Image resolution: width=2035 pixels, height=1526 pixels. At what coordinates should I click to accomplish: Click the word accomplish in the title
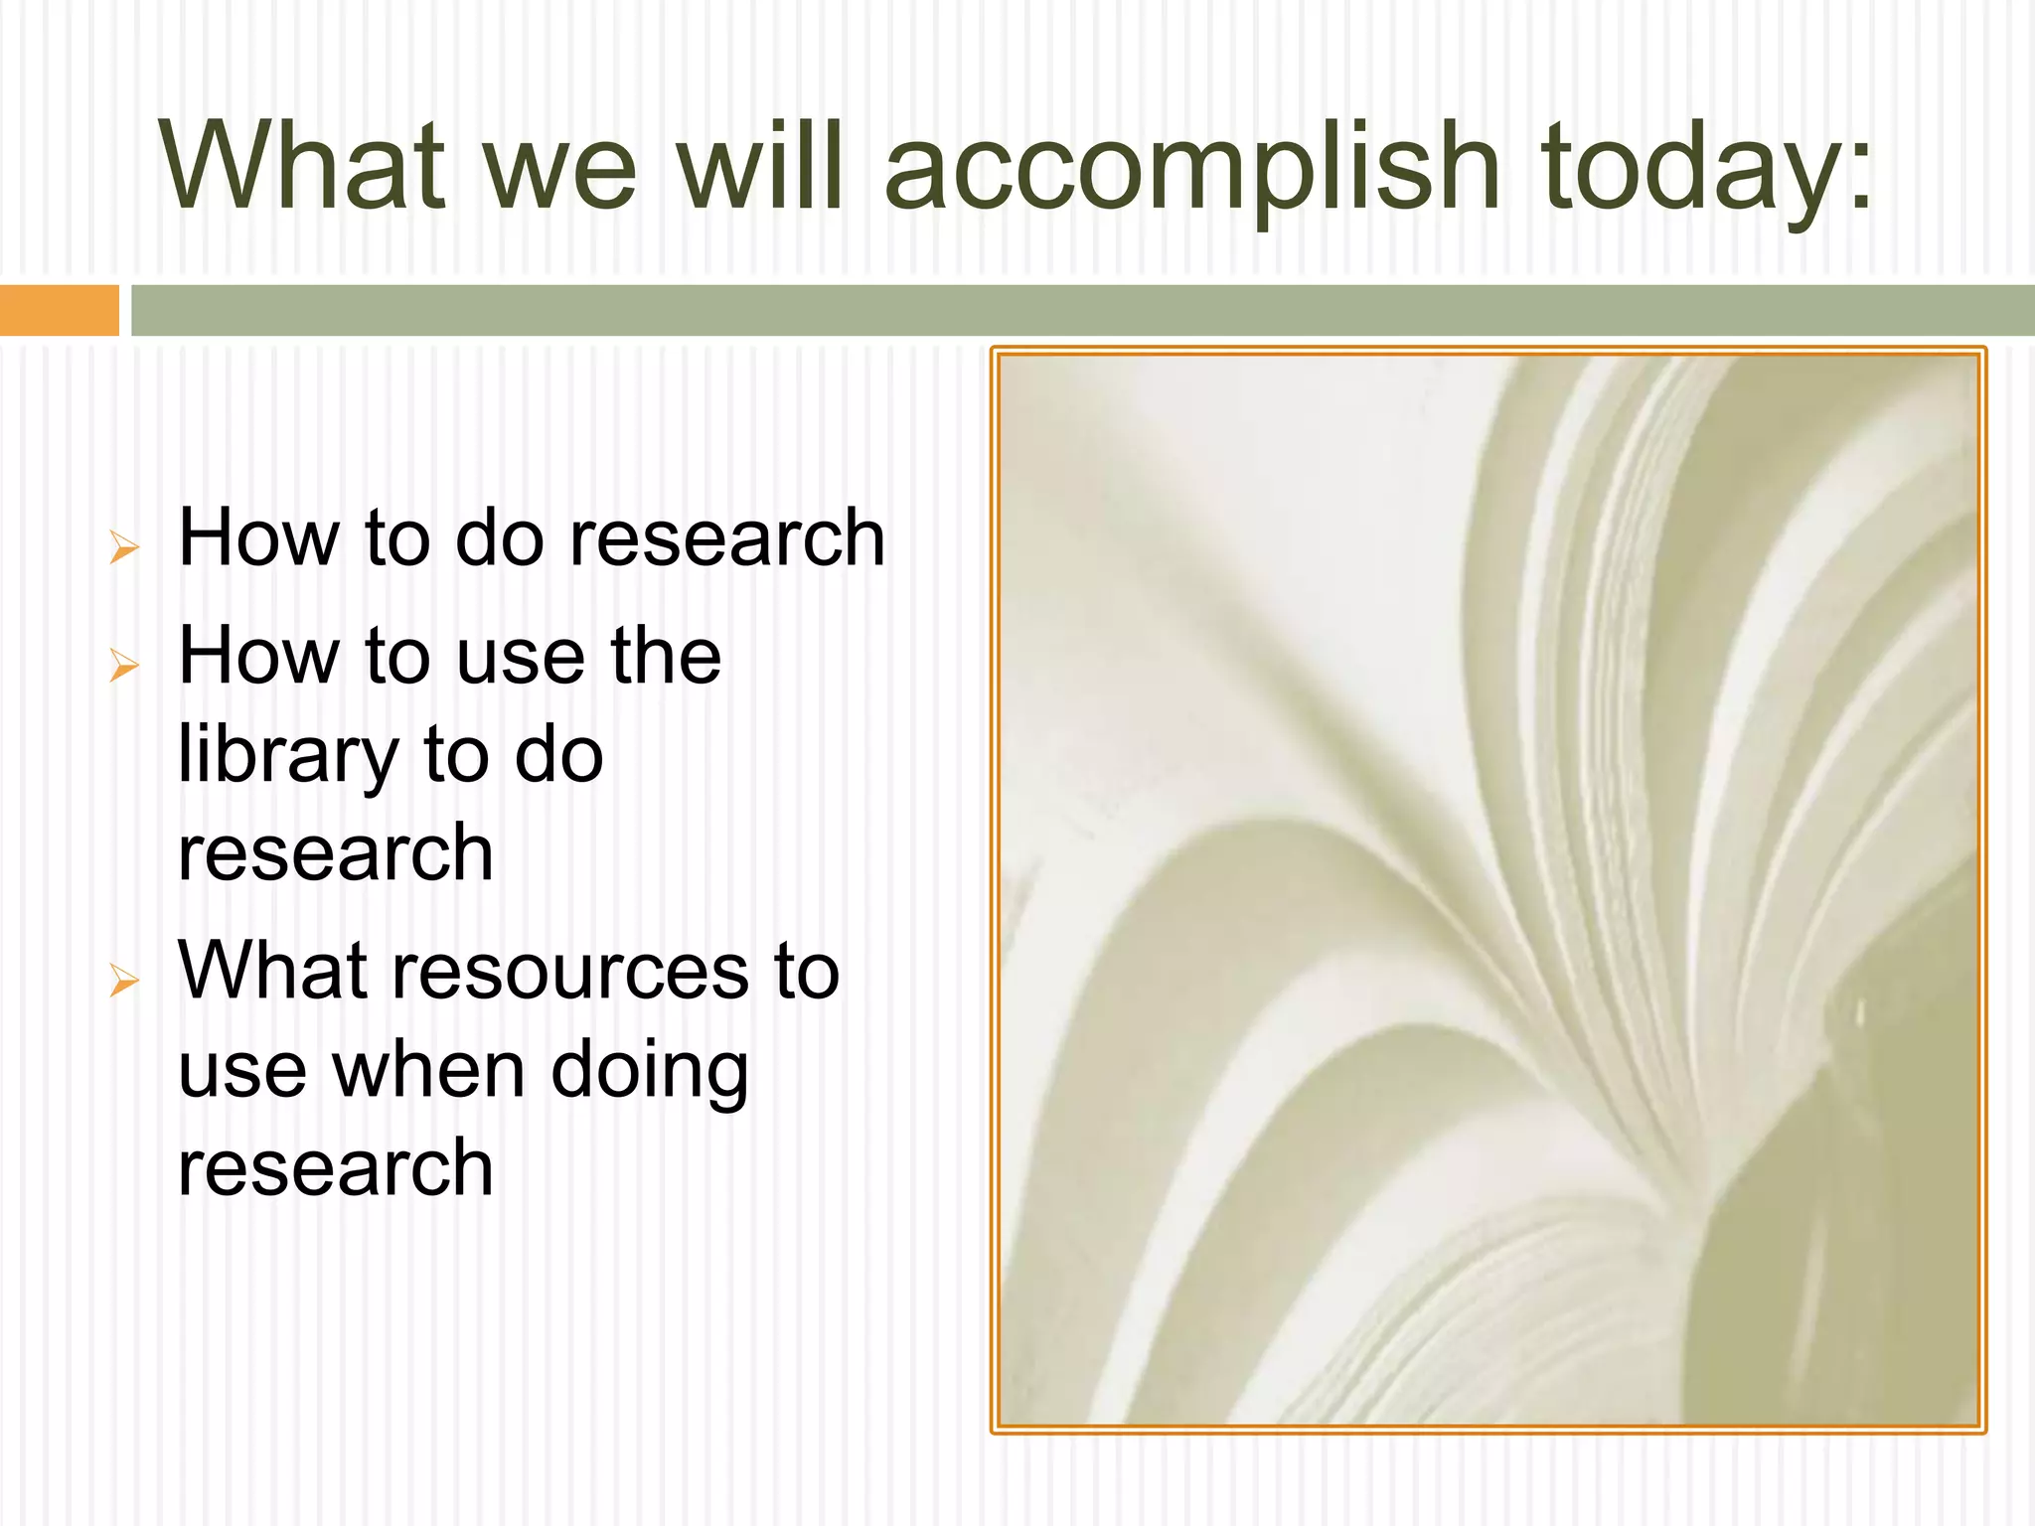1190,169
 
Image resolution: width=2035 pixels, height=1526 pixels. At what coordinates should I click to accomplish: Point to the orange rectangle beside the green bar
59,310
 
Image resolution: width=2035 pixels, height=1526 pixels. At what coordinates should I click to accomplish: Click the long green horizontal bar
1081,310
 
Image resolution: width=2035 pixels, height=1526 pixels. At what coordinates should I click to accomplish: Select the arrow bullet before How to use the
124,665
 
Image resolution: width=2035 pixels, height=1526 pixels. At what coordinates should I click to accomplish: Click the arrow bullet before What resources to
124,981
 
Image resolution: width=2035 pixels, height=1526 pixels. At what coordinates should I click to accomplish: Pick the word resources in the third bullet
570,972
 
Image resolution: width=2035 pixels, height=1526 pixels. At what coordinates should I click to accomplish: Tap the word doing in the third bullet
650,1073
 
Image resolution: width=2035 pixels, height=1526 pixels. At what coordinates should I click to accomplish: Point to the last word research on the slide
335,1168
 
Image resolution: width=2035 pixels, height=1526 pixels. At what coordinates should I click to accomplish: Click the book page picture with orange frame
1487,890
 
